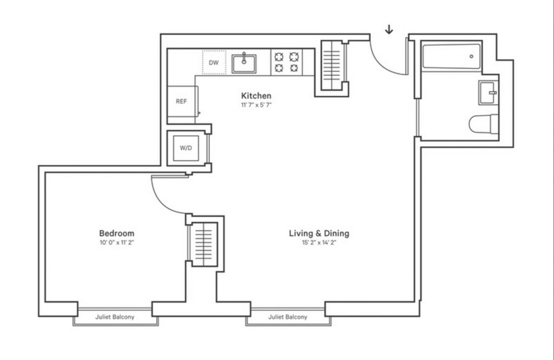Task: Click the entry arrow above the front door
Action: coord(389,30)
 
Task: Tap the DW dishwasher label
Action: coord(213,63)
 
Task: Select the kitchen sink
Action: coord(244,64)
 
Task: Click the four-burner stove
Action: coord(287,62)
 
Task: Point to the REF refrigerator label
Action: coord(181,101)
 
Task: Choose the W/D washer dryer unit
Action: coord(186,148)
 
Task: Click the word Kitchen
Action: coord(256,96)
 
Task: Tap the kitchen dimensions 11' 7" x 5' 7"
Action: coord(256,105)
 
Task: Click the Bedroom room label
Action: coord(117,234)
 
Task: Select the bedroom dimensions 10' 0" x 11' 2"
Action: coord(117,243)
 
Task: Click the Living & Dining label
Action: coord(319,234)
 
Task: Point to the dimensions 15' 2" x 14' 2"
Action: coord(319,243)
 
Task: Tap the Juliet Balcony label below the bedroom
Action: coord(115,317)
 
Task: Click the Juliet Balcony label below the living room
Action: coord(288,317)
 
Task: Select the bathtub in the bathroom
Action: coord(452,56)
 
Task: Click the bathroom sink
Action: coord(489,92)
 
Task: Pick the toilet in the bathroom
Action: coord(483,124)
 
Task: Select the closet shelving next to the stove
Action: coord(332,65)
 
